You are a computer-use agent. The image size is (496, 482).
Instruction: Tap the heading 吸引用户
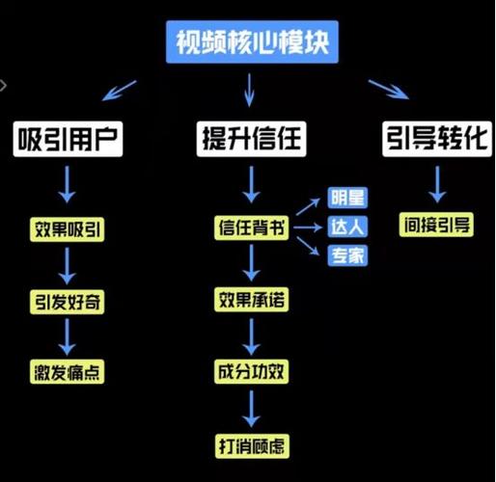coord(68,138)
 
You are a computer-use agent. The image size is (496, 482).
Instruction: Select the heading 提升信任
coord(251,138)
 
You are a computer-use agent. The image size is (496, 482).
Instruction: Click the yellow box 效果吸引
coord(68,229)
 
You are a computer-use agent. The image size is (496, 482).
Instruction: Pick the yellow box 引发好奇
coord(68,301)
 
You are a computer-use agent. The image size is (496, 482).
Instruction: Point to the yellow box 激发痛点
coord(68,371)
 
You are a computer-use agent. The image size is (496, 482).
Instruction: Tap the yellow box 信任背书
coord(251,229)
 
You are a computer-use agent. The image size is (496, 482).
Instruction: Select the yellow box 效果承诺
coord(251,301)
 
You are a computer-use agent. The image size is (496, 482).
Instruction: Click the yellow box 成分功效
coord(251,371)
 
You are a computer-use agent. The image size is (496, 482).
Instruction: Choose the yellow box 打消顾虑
coord(251,445)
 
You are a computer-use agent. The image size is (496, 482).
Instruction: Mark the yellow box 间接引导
coord(436,226)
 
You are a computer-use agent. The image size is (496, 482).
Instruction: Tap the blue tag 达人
coord(347,228)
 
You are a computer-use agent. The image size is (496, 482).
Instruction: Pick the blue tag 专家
coord(347,256)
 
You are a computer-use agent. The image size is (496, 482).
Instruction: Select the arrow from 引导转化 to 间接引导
coord(436,183)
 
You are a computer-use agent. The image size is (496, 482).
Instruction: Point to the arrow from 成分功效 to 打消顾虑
coord(251,408)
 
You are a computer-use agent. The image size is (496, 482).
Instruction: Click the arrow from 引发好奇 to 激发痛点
coord(68,335)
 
